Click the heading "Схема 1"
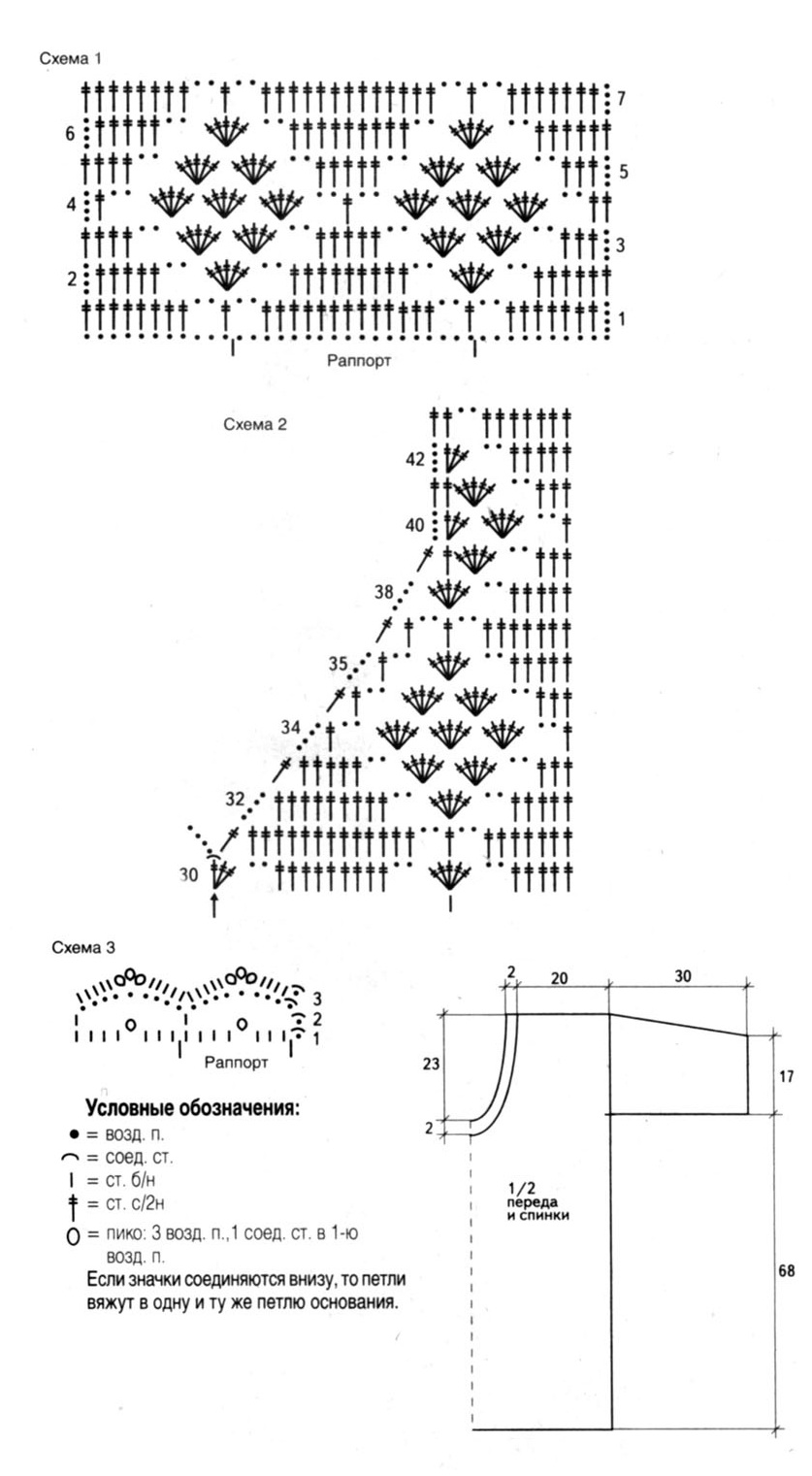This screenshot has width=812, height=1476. tap(71, 58)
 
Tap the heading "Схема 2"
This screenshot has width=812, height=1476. tap(255, 424)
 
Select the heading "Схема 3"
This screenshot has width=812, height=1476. tap(83, 947)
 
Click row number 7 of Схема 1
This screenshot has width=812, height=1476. tap(621, 99)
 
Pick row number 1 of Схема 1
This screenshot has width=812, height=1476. tap(621, 319)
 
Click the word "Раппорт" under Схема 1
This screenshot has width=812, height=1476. tap(359, 361)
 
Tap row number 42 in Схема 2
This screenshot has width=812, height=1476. tap(415, 459)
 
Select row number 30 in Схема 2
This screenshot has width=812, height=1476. tap(188, 874)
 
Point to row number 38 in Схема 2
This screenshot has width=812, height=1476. tap(384, 592)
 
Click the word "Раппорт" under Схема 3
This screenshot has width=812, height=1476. tap(236, 1063)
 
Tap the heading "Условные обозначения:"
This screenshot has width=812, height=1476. tap(192, 1108)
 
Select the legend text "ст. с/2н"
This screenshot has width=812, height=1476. tap(135, 1204)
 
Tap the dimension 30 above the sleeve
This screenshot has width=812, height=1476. tap(683, 976)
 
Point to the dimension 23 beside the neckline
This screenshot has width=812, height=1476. tap(431, 1065)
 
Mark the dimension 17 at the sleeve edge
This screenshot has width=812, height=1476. tap(787, 1077)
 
